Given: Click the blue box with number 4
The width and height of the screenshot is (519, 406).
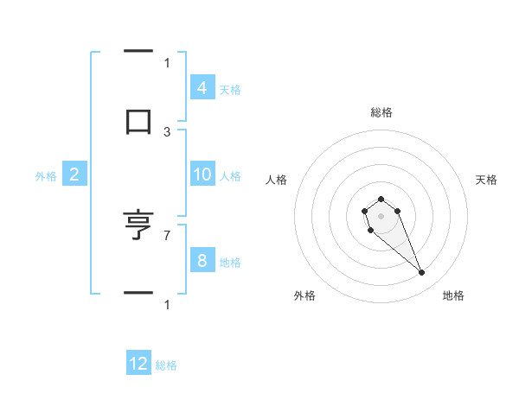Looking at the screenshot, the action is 202,88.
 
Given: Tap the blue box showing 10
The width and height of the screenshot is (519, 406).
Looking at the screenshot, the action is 202,174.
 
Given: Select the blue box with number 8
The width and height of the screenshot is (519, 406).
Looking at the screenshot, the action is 202,261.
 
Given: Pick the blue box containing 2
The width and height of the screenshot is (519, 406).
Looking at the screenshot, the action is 74,174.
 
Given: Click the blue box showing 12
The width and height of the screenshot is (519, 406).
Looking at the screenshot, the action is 138,364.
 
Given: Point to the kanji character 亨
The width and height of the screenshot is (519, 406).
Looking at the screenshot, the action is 138,226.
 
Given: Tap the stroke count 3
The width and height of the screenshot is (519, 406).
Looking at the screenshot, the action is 167,131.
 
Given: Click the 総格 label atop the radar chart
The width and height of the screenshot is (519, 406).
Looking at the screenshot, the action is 381,112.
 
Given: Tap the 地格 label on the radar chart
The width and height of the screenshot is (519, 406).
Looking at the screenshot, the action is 453,295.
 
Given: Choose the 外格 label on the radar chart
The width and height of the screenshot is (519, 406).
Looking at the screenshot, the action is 304,295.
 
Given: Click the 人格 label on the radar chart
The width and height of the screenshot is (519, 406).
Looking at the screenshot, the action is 276,180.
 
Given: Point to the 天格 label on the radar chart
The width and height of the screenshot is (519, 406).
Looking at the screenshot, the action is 487,180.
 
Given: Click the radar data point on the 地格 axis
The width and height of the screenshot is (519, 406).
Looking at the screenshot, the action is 422,273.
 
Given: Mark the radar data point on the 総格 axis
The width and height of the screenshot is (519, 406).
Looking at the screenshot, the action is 381,199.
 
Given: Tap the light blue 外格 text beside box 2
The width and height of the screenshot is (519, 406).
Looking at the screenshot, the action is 46,175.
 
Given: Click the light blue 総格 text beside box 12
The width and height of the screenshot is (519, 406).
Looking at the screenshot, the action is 166,365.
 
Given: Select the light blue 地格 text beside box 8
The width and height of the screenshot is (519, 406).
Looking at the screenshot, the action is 230,262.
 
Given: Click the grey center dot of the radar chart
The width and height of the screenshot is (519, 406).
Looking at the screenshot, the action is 381,215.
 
